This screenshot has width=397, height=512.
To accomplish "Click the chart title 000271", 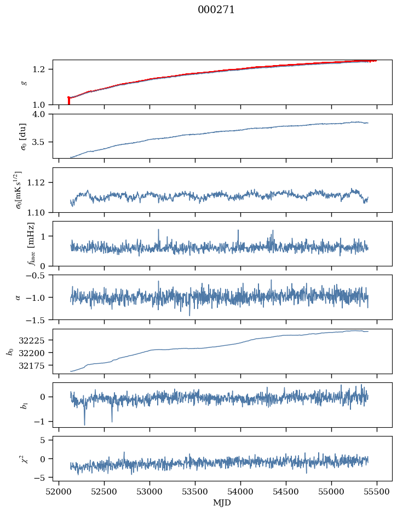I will [216, 10].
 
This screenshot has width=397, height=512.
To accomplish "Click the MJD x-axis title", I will [222, 502].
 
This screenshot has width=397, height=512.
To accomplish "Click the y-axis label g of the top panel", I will [24, 82].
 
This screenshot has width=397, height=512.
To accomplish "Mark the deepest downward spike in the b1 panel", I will [84, 423].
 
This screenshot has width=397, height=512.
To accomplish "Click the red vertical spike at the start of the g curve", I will [68, 101].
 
